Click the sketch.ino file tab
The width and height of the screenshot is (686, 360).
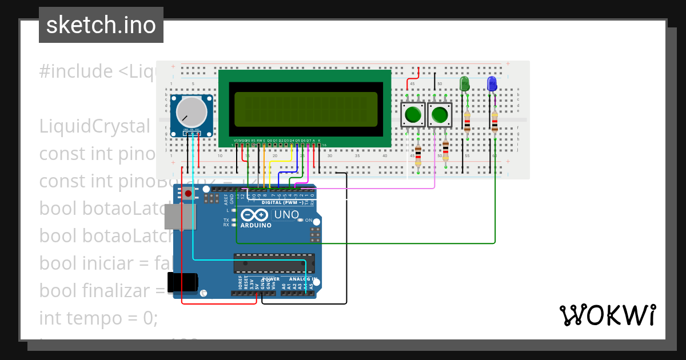pos(101,25)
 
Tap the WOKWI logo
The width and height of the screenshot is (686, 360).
pos(607,315)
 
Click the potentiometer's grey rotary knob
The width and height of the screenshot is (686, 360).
pos(192,111)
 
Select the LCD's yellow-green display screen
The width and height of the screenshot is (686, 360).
pos(305,109)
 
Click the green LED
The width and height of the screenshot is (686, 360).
pos(465,84)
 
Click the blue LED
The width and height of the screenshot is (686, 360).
pos(492,84)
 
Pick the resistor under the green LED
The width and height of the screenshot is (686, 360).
pos(467,122)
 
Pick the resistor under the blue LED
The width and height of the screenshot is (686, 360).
pos(494,122)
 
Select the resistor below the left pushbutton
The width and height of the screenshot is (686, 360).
pos(418,154)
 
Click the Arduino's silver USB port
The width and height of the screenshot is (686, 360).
pos(178,219)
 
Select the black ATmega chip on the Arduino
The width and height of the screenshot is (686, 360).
pos(274,263)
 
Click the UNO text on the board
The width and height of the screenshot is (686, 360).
pos(288,215)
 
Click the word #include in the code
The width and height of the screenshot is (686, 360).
pos(76,71)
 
